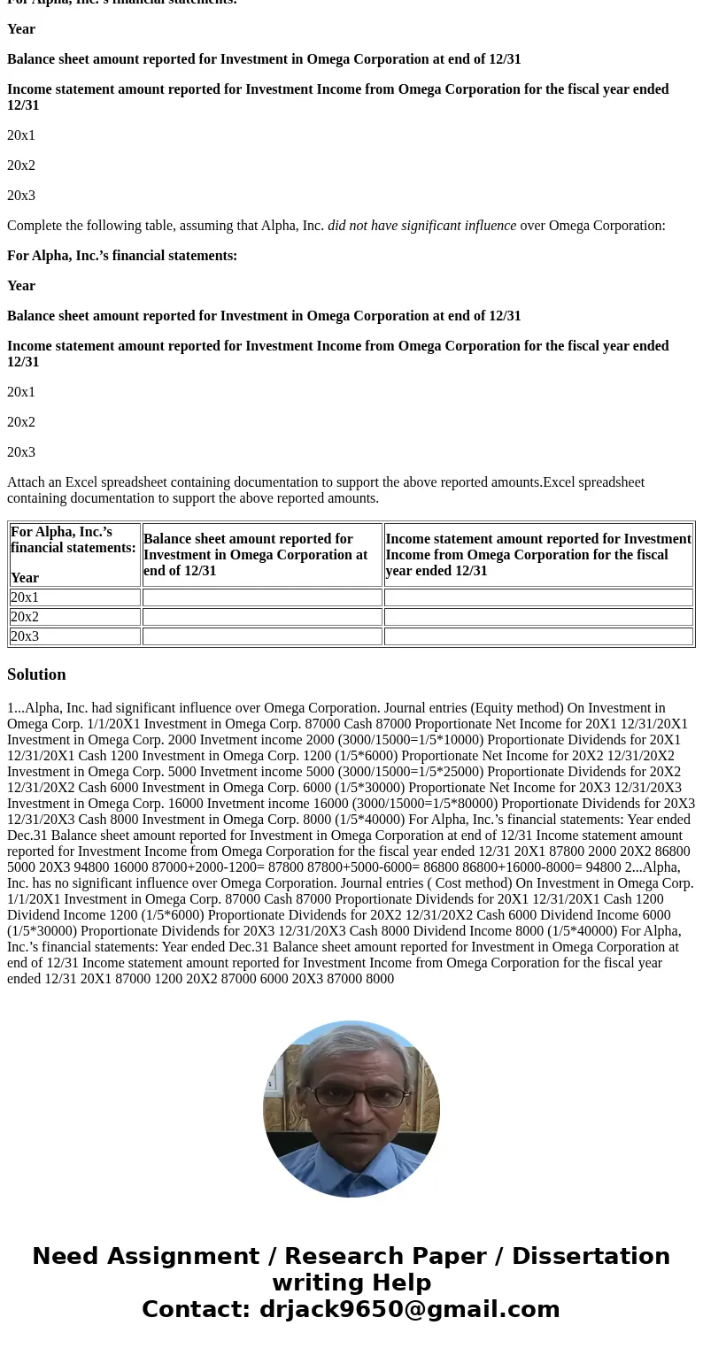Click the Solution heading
click(x=36, y=674)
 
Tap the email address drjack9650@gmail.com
click(x=409, y=1309)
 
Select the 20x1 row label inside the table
click(x=25, y=597)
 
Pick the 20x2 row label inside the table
click(x=25, y=617)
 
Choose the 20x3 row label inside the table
click(x=25, y=636)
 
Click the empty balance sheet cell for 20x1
click(x=262, y=597)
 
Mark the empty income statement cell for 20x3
click(x=538, y=636)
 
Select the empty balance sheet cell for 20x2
click(x=262, y=617)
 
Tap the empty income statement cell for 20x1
click(x=538, y=597)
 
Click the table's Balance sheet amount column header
click(x=255, y=555)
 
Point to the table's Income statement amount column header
click(x=538, y=555)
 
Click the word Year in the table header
click(x=25, y=578)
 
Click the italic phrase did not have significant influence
click(x=421, y=226)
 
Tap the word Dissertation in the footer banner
click(x=591, y=1256)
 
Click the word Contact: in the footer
click(x=196, y=1309)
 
